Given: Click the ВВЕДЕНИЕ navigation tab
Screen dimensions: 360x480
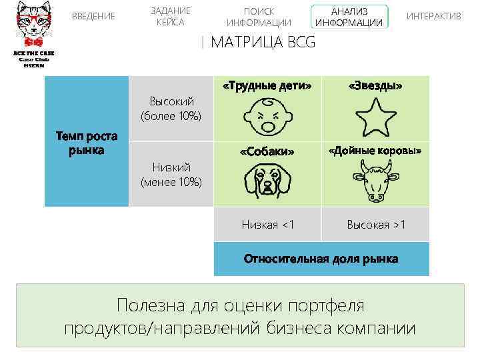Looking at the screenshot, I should (x=93, y=16).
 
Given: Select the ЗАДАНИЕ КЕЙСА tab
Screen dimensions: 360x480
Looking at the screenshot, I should (x=170, y=16).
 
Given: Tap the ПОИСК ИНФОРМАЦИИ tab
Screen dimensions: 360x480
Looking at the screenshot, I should (x=259, y=17).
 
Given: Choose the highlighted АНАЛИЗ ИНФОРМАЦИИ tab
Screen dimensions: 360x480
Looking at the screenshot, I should (x=349, y=17).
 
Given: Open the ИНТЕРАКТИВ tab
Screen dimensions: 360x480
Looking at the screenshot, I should (x=433, y=16).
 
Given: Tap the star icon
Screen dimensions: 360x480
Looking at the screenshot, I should (x=375, y=117).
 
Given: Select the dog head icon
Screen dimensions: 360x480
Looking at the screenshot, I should (x=267, y=181).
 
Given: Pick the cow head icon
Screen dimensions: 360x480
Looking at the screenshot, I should (x=375, y=182).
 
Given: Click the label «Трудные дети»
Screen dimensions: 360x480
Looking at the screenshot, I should (x=267, y=86).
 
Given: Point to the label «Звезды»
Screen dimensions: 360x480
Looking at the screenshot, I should (x=375, y=86).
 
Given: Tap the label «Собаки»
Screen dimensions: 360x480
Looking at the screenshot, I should (x=267, y=151).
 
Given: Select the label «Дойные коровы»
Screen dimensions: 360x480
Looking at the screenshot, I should (x=375, y=151).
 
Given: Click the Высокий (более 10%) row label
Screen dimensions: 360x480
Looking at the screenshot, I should (x=171, y=108).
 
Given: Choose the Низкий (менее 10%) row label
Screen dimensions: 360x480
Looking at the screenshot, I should (x=171, y=174).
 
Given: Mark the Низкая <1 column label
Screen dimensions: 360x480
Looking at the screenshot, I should (x=267, y=225).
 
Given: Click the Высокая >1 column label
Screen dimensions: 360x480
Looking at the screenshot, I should (x=375, y=225).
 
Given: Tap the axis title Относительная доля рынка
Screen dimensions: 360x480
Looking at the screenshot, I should (x=321, y=259).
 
